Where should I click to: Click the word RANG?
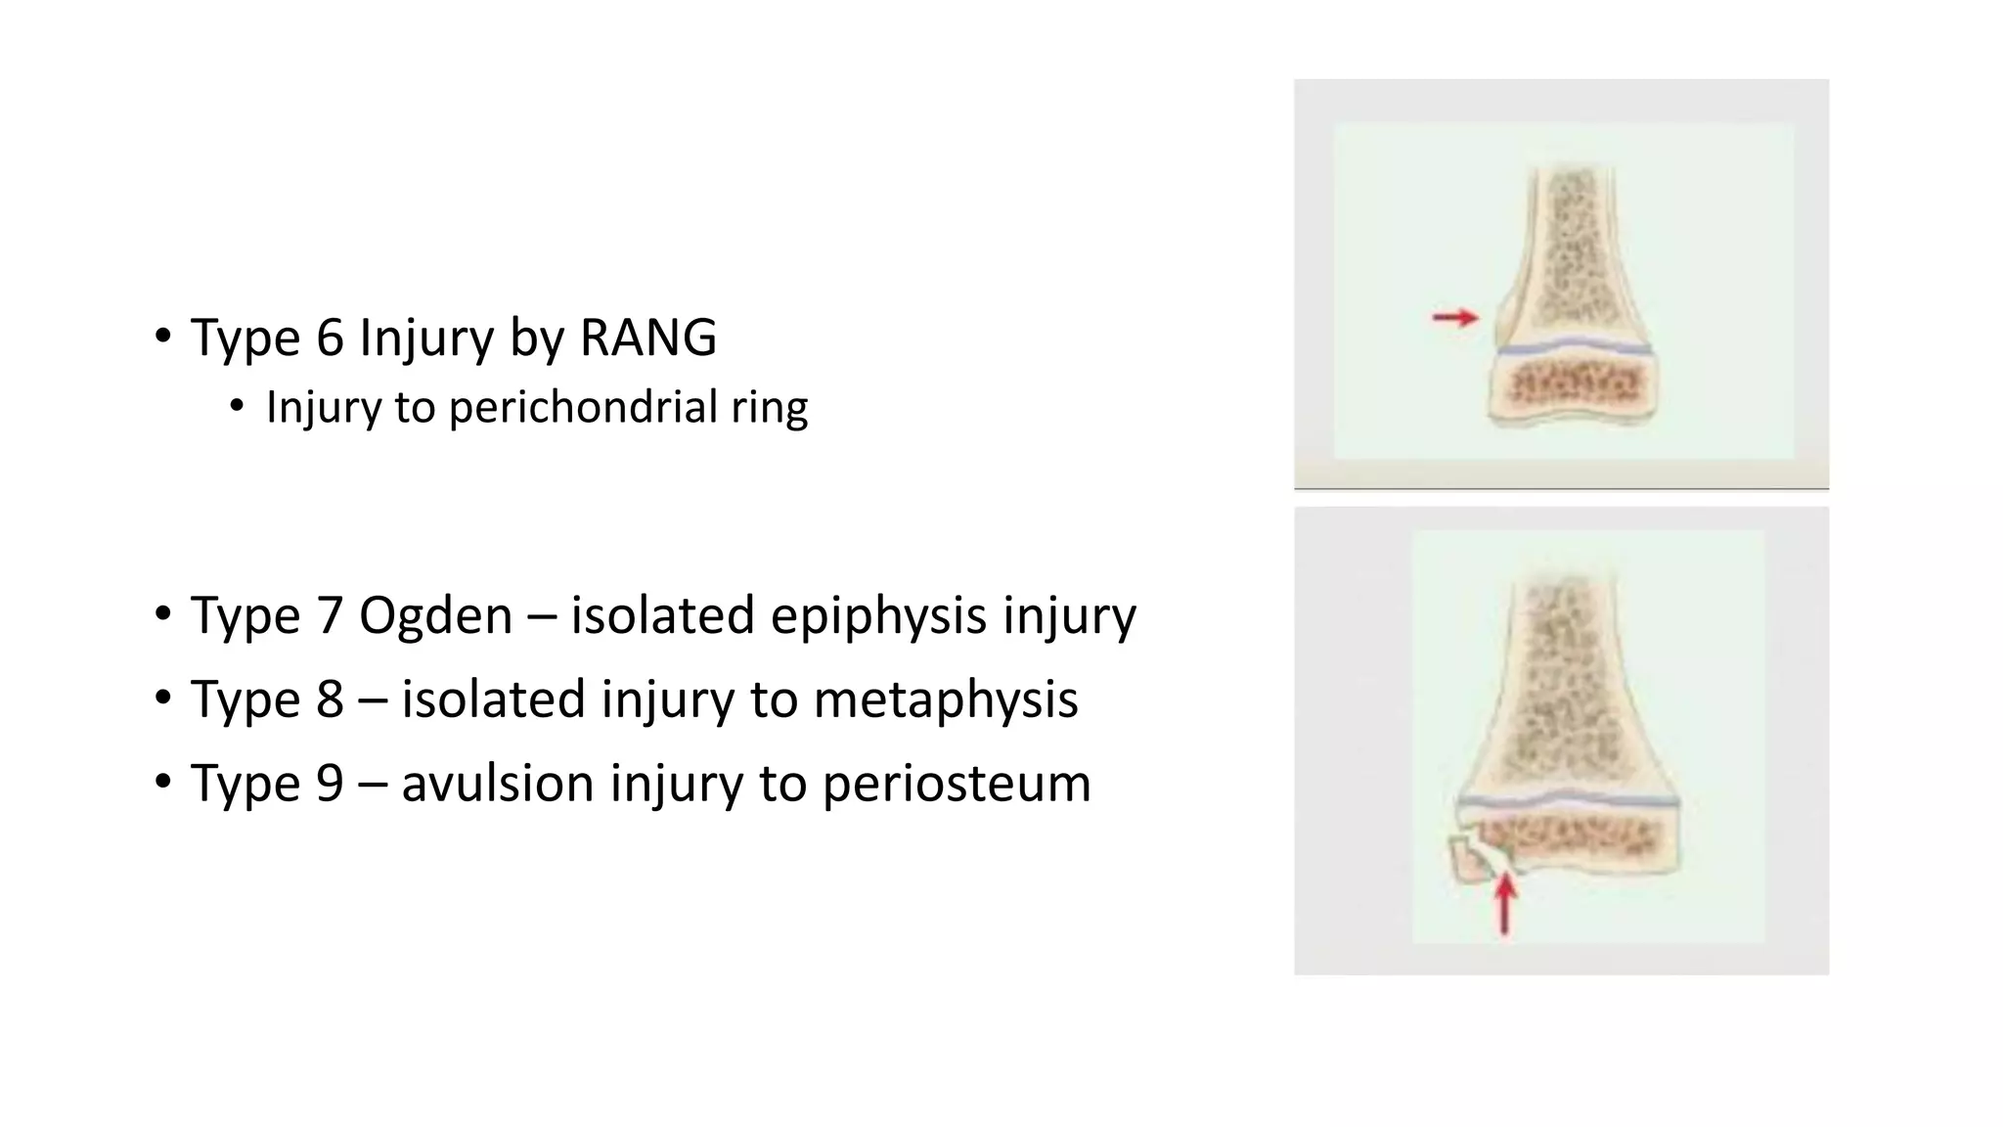pyautogui.click(x=647, y=338)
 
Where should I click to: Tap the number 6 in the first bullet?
pyautogui.click(x=330, y=338)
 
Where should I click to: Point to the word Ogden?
pyautogui.click(x=435, y=615)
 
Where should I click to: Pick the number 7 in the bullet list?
pyautogui.click(x=330, y=615)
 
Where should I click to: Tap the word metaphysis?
pyautogui.click(x=945, y=699)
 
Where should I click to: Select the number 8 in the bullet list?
pyautogui.click(x=330, y=699)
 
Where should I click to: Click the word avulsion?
pyautogui.click(x=497, y=784)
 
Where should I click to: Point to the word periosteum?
pyautogui.click(x=956, y=784)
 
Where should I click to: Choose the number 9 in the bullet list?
pyautogui.click(x=330, y=784)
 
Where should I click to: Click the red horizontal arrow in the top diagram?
pyautogui.click(x=1455, y=317)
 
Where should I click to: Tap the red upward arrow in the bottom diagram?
pyautogui.click(x=1505, y=903)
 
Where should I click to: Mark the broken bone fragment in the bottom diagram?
pyautogui.click(x=1468, y=859)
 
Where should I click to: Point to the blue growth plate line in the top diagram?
pyautogui.click(x=1574, y=346)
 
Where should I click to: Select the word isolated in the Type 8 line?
pyautogui.click(x=493, y=699)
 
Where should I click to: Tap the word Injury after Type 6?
pyautogui.click(x=426, y=338)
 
